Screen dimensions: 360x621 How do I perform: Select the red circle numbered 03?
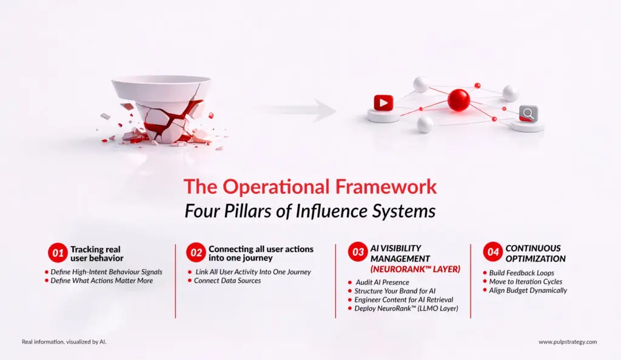[x=358, y=253]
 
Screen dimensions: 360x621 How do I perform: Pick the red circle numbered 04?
[x=492, y=253]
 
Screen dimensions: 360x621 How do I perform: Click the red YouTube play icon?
[x=383, y=103]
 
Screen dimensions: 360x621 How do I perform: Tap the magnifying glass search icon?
[x=528, y=113]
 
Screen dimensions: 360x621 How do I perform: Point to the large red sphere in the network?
[x=459, y=99]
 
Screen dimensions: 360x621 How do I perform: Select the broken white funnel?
[x=161, y=109]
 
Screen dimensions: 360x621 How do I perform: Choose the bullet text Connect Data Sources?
[x=227, y=281]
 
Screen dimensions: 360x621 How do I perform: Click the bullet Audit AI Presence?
[x=381, y=282]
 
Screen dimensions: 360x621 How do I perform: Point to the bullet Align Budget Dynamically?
[x=528, y=290]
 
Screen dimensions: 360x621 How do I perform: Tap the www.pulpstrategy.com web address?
[x=568, y=342]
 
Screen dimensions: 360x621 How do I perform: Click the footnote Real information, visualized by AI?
[x=64, y=342]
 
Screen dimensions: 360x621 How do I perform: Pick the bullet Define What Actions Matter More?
[x=102, y=281]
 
